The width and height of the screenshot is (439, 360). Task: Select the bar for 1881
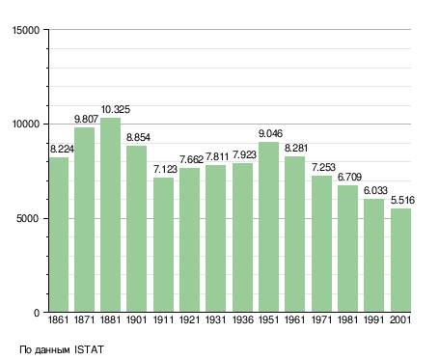click(110, 215)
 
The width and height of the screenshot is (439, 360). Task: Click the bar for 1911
click(163, 245)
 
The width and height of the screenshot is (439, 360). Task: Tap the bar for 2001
click(400, 261)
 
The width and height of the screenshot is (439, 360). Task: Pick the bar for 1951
click(268, 227)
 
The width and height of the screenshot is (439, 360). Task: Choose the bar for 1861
click(59, 235)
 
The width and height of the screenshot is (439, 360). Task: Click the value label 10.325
click(116, 110)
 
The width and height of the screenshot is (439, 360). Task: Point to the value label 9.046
click(270, 133)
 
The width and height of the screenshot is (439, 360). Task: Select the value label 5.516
click(402, 201)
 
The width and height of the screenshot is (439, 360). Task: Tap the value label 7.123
click(165, 169)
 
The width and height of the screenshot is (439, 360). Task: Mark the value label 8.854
click(138, 138)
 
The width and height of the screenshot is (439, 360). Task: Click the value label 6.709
click(349, 177)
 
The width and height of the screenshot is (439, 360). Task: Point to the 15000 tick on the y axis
click(26, 30)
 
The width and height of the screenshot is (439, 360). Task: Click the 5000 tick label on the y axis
click(28, 219)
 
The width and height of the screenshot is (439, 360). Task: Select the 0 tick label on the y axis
click(37, 313)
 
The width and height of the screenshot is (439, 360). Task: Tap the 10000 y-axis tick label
click(26, 125)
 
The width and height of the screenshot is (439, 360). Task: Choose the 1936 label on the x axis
click(242, 319)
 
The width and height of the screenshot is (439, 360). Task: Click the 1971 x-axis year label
click(321, 319)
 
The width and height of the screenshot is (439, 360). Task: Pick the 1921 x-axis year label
click(189, 319)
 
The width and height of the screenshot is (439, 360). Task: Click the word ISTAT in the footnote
click(89, 349)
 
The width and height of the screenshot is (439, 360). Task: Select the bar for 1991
click(373, 256)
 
